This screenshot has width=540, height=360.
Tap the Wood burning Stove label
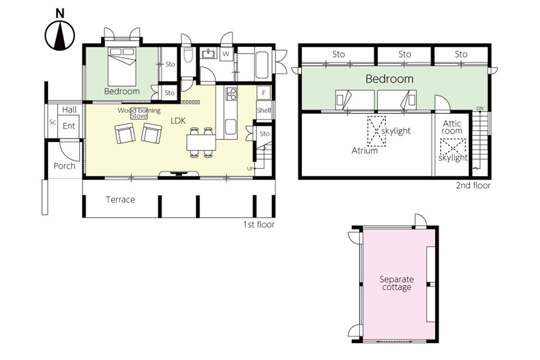point(139,113)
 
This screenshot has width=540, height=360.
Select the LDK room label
point(178,121)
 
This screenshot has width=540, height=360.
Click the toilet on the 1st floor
point(188,55)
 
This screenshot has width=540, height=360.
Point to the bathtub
point(261,65)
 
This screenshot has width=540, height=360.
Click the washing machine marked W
point(226,54)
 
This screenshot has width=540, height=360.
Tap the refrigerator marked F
point(264,93)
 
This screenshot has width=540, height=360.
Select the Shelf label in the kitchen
point(264,110)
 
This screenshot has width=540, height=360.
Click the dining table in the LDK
point(201,143)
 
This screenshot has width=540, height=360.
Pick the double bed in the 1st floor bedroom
point(122,67)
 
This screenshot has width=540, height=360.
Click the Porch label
point(64,166)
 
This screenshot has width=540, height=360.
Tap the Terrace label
point(121,200)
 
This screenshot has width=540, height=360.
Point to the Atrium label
point(364,151)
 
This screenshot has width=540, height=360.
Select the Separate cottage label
point(396,283)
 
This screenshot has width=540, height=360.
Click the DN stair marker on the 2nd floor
point(480,108)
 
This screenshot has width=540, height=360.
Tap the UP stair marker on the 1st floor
point(250,169)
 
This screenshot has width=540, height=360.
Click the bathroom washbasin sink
point(208,54)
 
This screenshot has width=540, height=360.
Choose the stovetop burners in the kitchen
point(231,94)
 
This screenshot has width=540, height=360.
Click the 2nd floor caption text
point(473,185)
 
